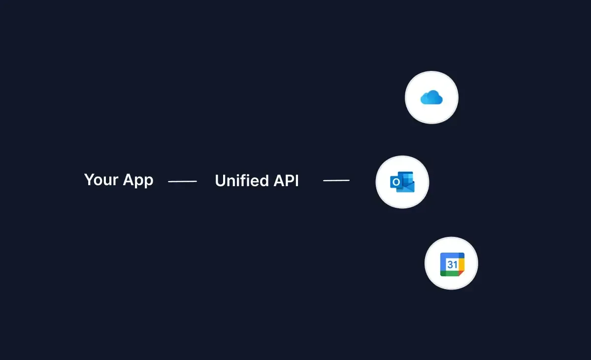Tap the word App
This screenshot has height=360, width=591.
pos(138,181)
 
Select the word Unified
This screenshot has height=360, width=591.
pos(235,181)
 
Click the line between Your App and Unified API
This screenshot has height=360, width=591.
pos(182,181)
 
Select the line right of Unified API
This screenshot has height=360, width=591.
pos(336,181)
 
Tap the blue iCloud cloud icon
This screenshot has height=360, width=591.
pos(431,98)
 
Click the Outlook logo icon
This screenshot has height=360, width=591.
pos(402,182)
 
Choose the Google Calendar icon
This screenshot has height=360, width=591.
pos(452,264)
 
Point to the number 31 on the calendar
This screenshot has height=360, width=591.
pos(452,264)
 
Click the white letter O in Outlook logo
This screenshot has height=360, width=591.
pos(396,183)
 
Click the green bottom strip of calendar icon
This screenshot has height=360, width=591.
pos(450,273)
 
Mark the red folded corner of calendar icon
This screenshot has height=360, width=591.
pos(461,273)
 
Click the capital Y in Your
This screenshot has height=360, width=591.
pos(89,180)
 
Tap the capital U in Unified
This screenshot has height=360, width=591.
pos(220,181)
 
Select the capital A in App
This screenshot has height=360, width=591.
pos(128,180)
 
